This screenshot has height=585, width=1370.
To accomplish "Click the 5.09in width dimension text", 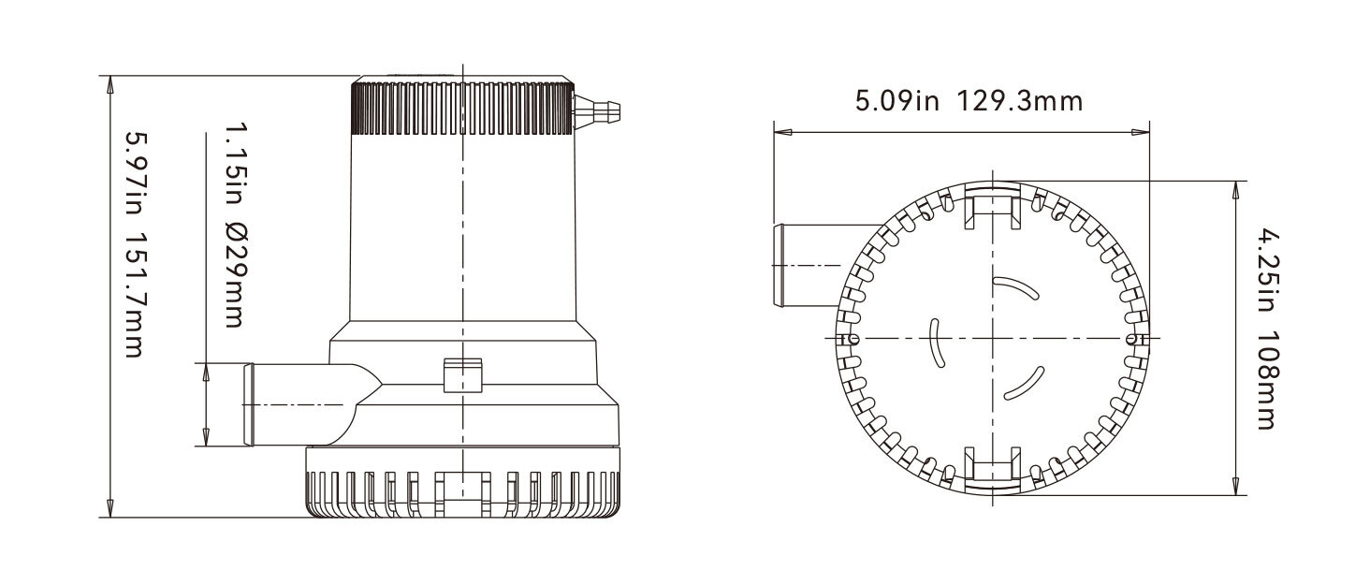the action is tap(896, 101).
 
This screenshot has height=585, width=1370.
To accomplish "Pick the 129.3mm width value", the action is tap(1019, 101).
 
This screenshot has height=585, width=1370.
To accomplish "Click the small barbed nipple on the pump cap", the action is tap(596, 110).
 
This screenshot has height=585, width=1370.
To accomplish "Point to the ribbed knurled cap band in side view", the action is tap(462, 109).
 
